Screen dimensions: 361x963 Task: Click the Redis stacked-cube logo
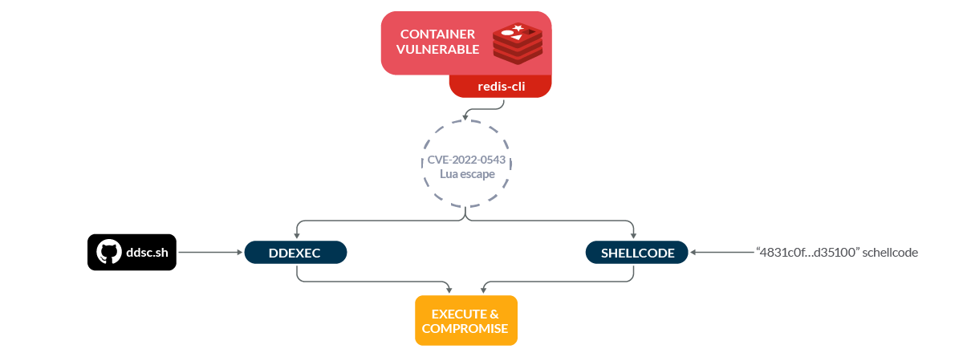tap(518, 43)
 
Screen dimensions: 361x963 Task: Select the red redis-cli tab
tap(500, 87)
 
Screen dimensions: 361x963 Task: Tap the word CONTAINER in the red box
tap(437, 34)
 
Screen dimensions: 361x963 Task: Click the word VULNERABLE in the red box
tap(440, 50)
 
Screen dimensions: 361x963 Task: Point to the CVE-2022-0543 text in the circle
tap(466, 160)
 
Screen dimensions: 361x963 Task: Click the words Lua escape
tap(466, 174)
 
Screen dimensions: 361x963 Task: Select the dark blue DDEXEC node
tap(295, 253)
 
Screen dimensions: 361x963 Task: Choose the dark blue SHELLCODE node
tap(637, 253)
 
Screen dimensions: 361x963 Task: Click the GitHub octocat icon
tap(108, 253)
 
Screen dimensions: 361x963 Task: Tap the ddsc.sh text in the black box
tap(147, 253)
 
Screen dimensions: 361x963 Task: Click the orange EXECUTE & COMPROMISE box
tap(466, 320)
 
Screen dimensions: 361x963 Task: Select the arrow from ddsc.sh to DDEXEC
tap(209, 253)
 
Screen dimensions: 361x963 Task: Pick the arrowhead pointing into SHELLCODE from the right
tap(694, 253)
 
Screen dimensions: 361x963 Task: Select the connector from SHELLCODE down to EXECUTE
tap(562, 282)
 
